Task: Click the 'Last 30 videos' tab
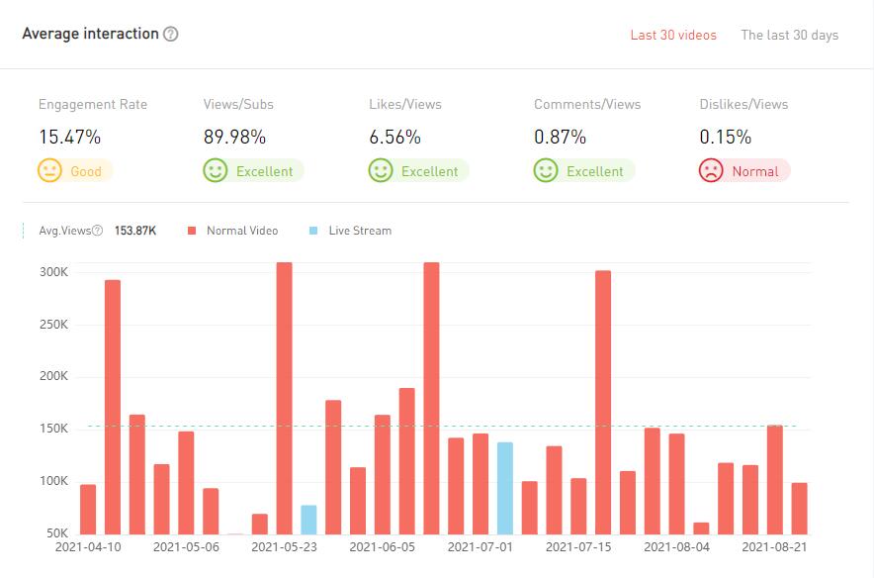pyautogui.click(x=673, y=35)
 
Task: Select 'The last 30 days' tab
pyautogui.click(x=789, y=35)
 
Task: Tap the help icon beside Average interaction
pyautogui.click(x=171, y=34)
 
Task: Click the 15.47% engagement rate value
pyautogui.click(x=69, y=137)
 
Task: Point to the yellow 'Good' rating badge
pyautogui.click(x=75, y=171)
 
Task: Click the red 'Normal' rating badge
pyautogui.click(x=744, y=171)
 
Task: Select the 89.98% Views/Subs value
pyautogui.click(x=235, y=137)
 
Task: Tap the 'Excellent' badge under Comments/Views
pyautogui.click(x=584, y=171)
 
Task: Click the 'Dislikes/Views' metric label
pyautogui.click(x=743, y=104)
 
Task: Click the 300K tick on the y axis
pyautogui.click(x=52, y=272)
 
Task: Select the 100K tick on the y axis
pyautogui.click(x=52, y=481)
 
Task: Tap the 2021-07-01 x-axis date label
pyautogui.click(x=481, y=545)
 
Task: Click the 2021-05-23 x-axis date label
pyautogui.click(x=284, y=545)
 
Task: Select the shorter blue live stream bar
pyautogui.click(x=308, y=520)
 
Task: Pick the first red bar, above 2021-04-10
pyautogui.click(x=88, y=510)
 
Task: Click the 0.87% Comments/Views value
pyautogui.click(x=560, y=137)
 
